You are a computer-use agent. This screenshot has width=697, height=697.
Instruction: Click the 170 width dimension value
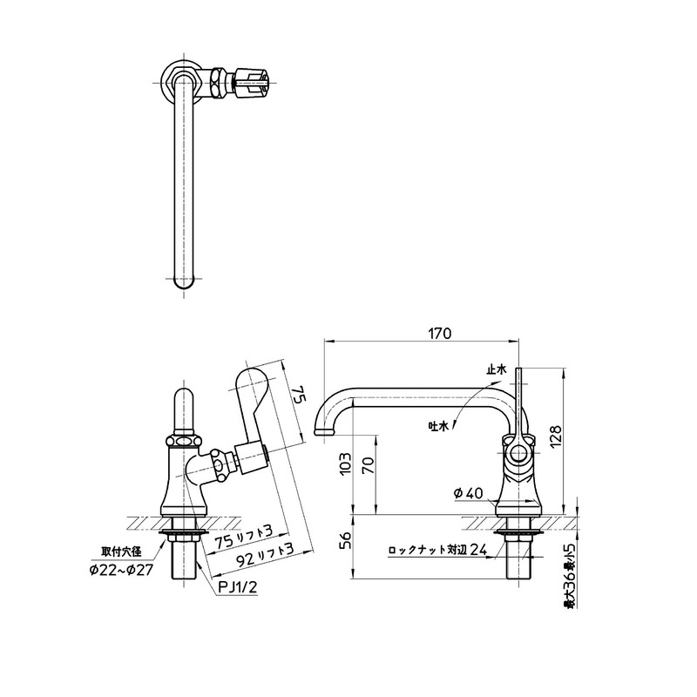(x=438, y=332)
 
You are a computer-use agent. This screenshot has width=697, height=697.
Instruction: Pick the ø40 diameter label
(x=468, y=494)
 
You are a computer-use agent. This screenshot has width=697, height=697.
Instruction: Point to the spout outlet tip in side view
(x=322, y=431)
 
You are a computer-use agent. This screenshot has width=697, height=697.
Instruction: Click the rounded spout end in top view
(x=182, y=281)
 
